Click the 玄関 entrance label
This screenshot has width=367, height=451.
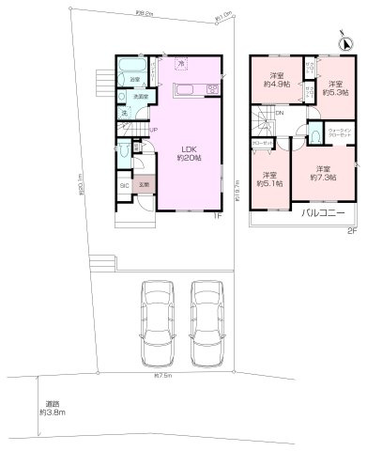(145, 185)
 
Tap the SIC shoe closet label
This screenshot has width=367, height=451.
(124, 185)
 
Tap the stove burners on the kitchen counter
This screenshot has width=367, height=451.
(211, 88)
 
